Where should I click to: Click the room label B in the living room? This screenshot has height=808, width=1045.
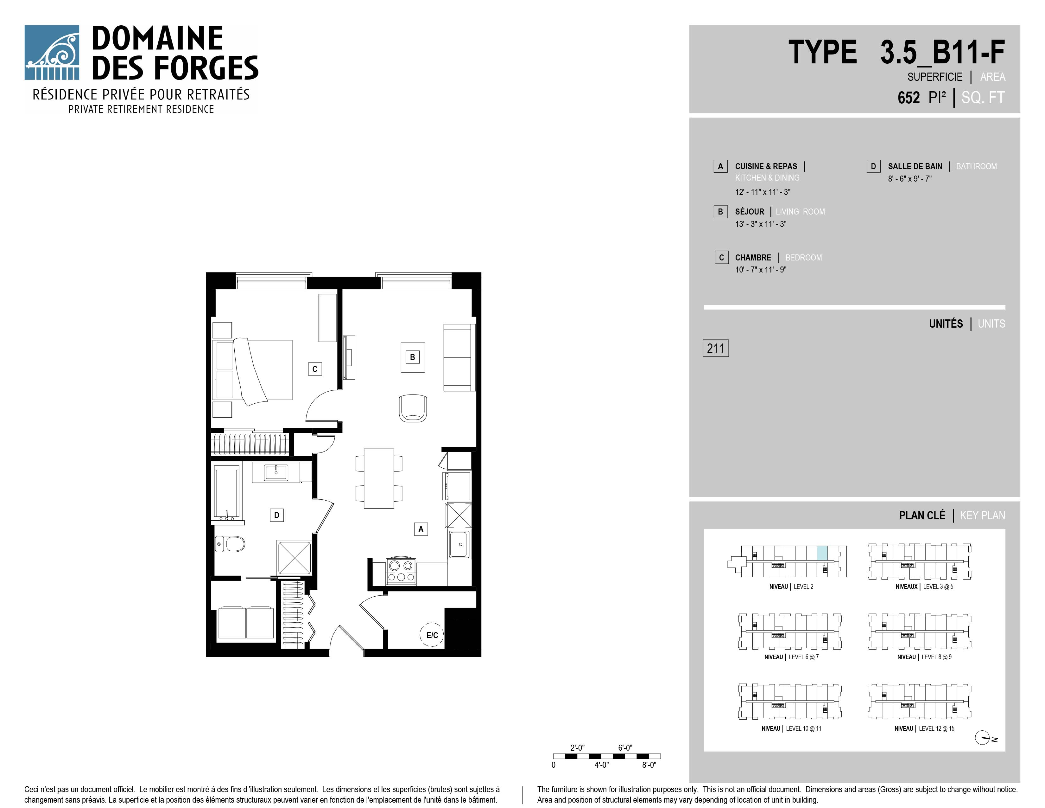412,357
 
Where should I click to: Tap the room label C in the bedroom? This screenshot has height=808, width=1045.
315,369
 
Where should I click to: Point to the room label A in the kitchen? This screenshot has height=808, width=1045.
421,529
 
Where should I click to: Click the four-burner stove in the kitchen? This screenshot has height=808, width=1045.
401,571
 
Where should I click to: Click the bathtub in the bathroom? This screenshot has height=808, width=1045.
227,492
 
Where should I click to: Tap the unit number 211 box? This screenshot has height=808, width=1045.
715,348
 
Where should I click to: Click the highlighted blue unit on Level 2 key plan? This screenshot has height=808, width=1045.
821,553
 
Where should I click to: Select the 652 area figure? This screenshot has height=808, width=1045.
909,98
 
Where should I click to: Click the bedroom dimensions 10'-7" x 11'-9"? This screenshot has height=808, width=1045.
761,270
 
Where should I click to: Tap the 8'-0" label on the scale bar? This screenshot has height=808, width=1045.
649,765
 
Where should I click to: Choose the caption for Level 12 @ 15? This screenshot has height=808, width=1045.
924,728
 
